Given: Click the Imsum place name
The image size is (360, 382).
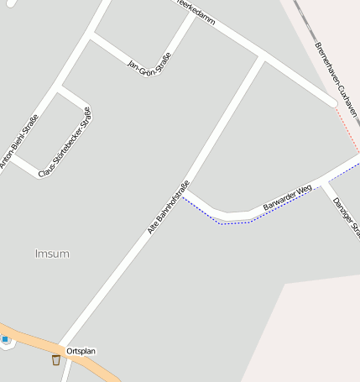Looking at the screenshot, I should pos(52,254).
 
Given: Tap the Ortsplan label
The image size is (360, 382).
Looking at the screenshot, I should pos(82,350).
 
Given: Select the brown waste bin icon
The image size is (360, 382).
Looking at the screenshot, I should pos(56,360).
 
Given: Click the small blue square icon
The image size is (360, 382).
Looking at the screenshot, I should pos(5,339).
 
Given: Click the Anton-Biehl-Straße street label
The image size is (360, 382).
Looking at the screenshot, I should pos(19,143).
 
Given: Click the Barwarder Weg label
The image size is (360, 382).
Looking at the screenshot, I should pos(287,198).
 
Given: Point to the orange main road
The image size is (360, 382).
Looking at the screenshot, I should pos(34,340).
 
